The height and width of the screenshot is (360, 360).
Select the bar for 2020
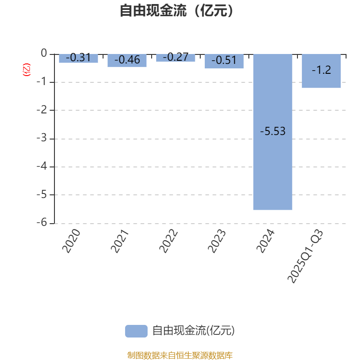[x=78, y=58]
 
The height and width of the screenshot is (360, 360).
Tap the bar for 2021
[x=127, y=61]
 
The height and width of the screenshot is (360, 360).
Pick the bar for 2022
[x=175, y=58]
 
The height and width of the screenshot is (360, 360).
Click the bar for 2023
[x=224, y=61]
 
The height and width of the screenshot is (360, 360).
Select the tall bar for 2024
[x=273, y=171]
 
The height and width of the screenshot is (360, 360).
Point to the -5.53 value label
[x=273, y=131]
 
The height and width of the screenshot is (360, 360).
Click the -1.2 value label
[x=321, y=70]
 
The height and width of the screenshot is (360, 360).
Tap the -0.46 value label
[x=127, y=59]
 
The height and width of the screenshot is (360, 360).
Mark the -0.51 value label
[x=224, y=60]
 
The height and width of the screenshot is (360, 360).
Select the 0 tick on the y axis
[x=44, y=54]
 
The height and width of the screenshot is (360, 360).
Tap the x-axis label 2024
[x=265, y=241]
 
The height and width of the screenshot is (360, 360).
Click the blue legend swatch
[x=136, y=331]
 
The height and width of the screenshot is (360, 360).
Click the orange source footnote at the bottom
[x=180, y=355]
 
